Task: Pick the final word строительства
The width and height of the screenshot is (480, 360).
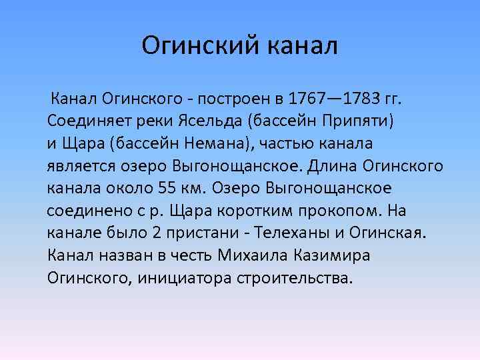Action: pos(293,277)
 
